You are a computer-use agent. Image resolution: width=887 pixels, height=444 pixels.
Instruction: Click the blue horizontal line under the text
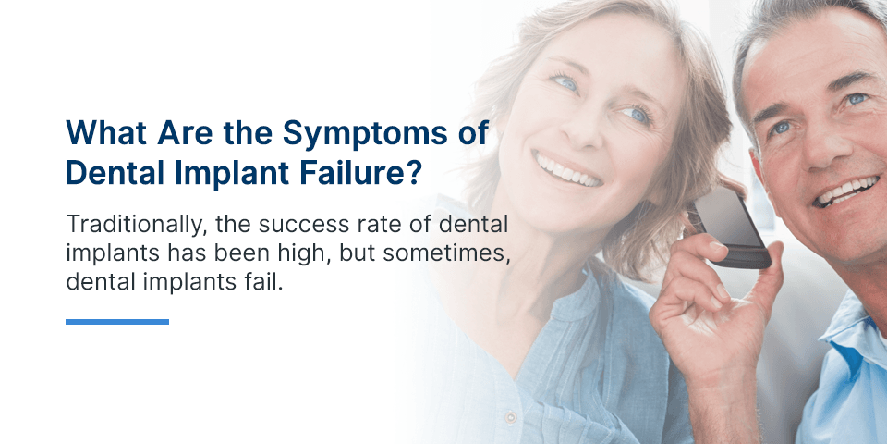point(117,322)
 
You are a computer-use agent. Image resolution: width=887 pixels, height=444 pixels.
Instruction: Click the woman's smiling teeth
point(567,170)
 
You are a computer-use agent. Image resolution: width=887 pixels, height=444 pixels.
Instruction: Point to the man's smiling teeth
point(846,190)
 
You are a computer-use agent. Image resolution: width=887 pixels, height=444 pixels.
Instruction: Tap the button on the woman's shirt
point(511,418)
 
